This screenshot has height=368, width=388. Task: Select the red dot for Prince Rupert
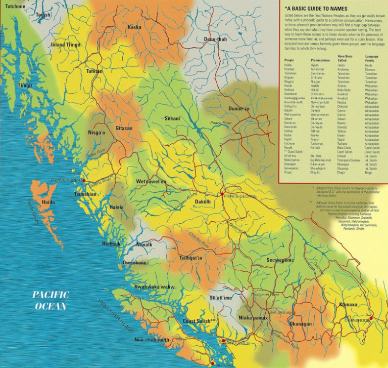coord(84,180)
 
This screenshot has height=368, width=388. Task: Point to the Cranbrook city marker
coord(371,318)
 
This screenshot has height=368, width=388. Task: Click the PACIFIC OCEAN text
coord(51,300)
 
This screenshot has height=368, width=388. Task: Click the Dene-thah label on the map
coord(215,39)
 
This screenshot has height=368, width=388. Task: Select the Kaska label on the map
coord(135,27)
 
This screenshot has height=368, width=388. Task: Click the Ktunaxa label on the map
coord(349,305)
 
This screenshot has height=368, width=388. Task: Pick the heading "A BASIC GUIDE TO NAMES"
coord(323,9)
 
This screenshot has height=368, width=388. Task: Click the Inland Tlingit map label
coord(66,45)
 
